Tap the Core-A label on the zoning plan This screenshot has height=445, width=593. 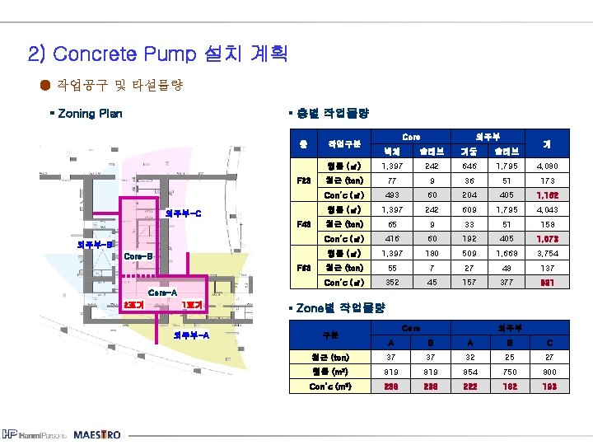[162, 292]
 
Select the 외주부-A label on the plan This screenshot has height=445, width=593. [190, 335]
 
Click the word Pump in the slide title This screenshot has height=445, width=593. [167, 54]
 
